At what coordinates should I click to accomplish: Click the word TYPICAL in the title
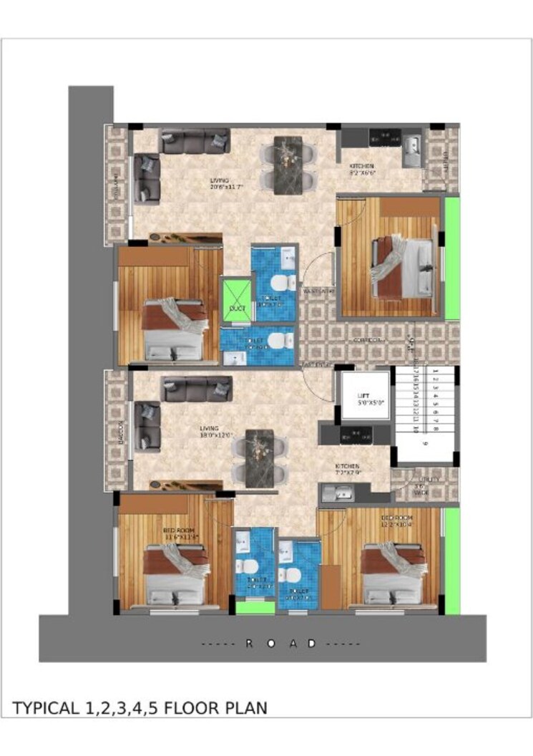[x=47, y=709]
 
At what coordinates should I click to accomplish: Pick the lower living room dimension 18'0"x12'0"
[x=217, y=435]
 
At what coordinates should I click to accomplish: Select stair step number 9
[x=425, y=444]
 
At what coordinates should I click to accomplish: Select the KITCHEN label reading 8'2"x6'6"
[x=361, y=169]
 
